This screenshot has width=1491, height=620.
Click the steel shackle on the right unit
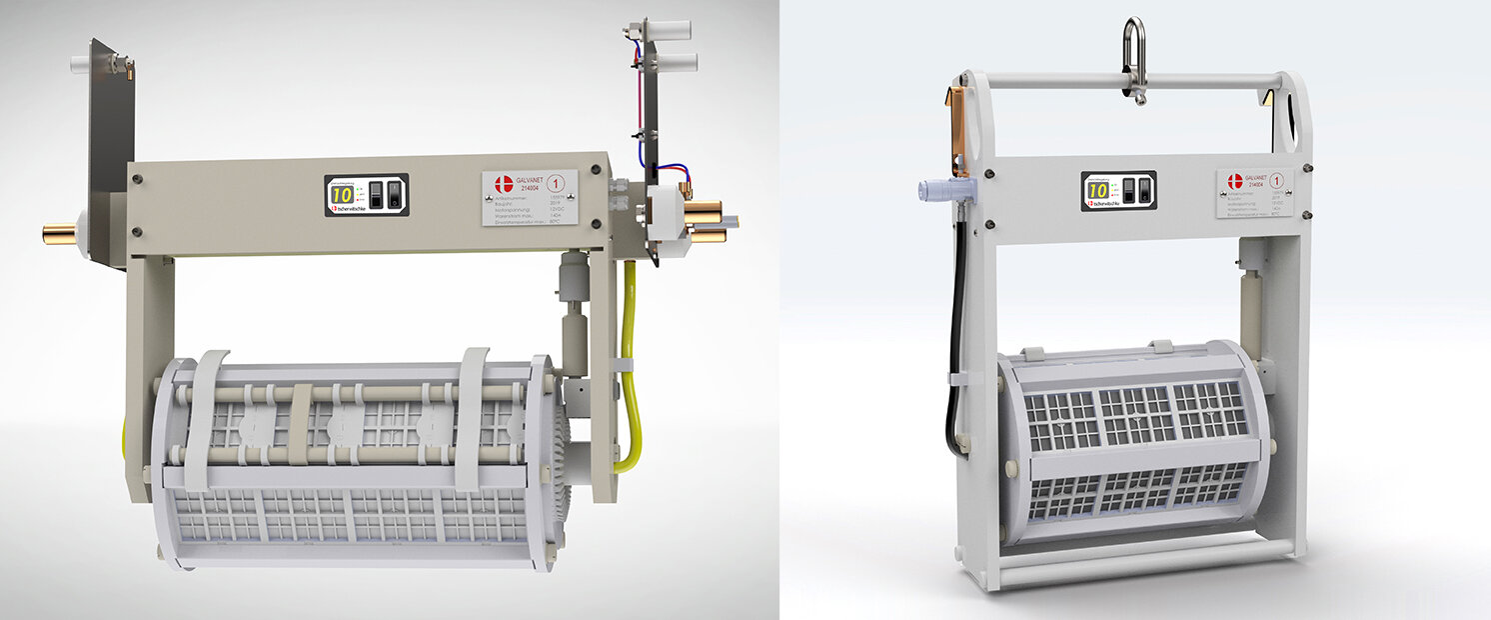(x=1134, y=60)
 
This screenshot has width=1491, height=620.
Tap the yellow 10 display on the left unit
(x=342, y=194)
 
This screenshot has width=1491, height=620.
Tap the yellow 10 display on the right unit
(x=1097, y=190)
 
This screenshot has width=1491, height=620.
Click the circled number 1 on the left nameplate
(x=556, y=183)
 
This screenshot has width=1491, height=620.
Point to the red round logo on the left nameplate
(x=504, y=184)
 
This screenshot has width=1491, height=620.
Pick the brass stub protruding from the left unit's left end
(x=57, y=234)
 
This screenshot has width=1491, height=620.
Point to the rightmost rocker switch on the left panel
(x=394, y=194)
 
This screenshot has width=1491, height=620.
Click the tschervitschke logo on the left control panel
(x=351, y=209)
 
